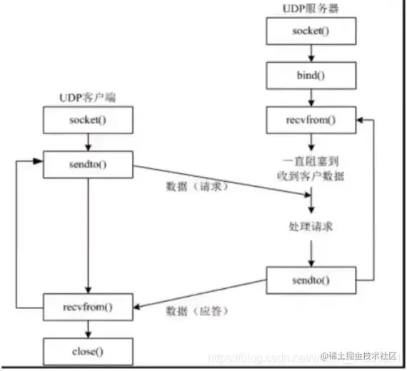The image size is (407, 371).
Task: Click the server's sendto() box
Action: coord(311,279)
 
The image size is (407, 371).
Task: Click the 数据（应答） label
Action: coord(192,312)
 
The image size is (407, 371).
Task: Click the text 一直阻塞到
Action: coord(311,161)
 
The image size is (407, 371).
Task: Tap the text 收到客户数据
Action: coord(311,175)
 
